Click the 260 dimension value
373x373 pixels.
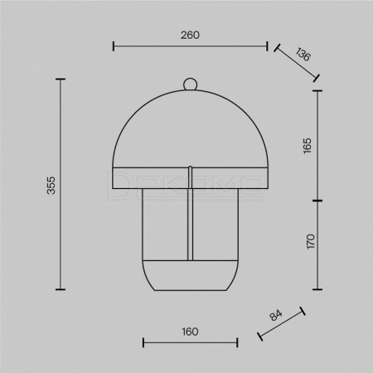[190, 35]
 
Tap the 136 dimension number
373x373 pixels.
[303, 54]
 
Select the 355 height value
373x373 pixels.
[51, 185]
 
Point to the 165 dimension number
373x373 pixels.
[307, 146]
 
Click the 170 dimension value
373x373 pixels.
[311, 241]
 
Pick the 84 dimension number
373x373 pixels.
[276, 315]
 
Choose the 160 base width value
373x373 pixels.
[190, 332]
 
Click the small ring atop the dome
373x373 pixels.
[191, 84]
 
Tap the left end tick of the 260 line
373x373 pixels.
[114, 46]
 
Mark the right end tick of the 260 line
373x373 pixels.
[267, 46]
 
